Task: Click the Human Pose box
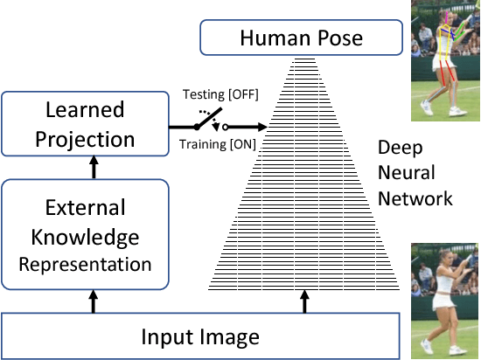click(x=302, y=38)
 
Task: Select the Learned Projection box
click(x=85, y=124)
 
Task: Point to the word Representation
click(x=85, y=262)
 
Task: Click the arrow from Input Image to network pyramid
click(x=304, y=300)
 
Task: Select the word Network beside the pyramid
click(x=415, y=198)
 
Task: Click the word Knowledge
click(x=85, y=236)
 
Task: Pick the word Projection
click(x=85, y=138)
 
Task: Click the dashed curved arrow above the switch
click(x=207, y=114)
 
